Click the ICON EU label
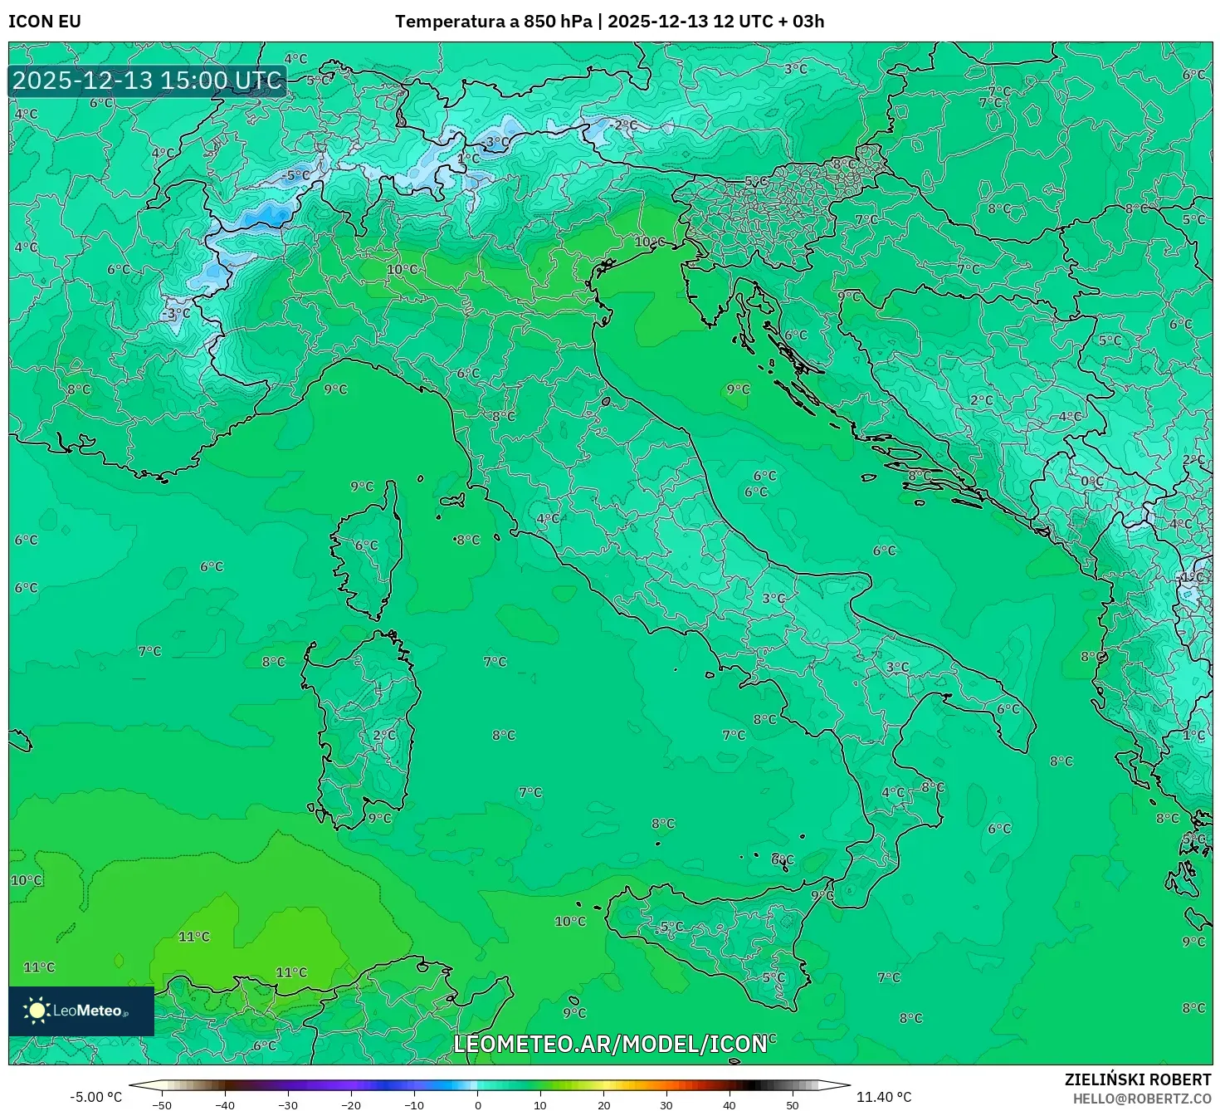pos(45,22)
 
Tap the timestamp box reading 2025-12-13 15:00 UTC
pos(148,81)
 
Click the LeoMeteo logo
pos(81,1011)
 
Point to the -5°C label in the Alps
pos(296,175)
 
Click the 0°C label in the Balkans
pos(1092,482)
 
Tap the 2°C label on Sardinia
pos(384,736)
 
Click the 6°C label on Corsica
pos(366,546)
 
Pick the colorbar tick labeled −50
pos(162,1104)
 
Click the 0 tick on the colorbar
pos(477,1104)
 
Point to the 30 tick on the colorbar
pos(666,1104)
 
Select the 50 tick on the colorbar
pos(793,1104)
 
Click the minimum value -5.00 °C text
pos(95,1097)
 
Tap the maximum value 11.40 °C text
pos(883,1097)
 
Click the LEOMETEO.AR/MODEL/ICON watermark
pos(610,1044)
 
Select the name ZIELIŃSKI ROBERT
pos(1138,1079)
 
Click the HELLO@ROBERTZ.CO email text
pos(1142,1099)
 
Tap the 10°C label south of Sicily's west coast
pos(570,921)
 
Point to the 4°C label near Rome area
pos(548,519)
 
